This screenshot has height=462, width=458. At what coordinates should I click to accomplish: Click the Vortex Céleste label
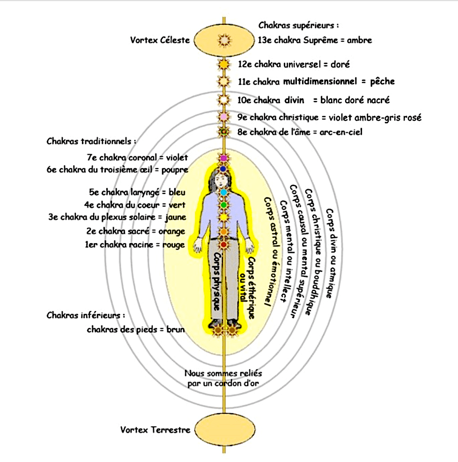[160, 40]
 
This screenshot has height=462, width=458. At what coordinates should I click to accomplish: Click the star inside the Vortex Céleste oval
[224, 40]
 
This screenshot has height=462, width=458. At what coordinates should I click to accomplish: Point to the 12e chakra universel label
[294, 64]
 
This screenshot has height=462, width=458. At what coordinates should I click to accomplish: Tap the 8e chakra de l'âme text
[300, 132]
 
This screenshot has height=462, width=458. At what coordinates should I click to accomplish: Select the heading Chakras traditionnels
[92, 141]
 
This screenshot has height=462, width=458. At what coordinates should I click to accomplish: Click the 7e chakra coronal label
[137, 157]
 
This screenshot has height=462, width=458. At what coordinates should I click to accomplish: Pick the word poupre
[175, 170]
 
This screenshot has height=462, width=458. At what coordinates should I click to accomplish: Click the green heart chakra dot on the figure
[224, 205]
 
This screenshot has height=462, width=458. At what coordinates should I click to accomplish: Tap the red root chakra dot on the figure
[224, 244]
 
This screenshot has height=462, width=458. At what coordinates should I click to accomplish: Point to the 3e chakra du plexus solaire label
[117, 217]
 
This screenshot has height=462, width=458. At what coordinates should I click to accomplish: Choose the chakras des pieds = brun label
[136, 329]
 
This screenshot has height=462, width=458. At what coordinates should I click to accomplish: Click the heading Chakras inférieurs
[86, 315]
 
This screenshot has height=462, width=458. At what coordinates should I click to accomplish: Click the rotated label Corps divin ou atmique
[330, 253]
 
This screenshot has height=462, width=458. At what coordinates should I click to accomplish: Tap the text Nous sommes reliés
[223, 373]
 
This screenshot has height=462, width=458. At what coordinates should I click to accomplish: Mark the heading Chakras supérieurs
[299, 25]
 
